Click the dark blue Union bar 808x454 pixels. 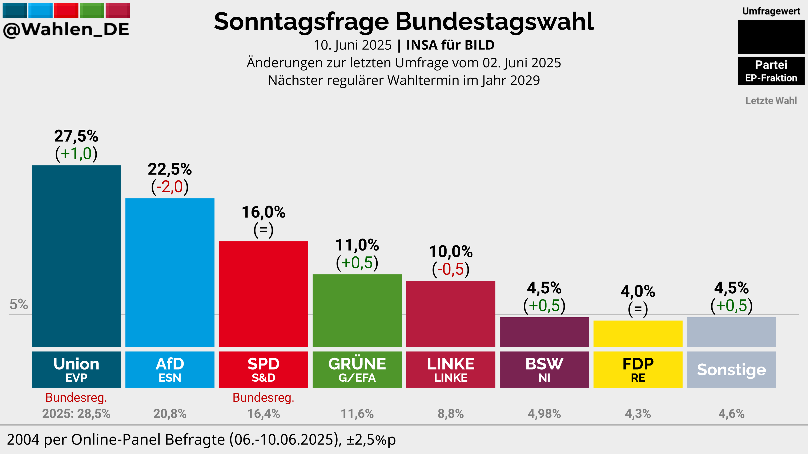point(76,256)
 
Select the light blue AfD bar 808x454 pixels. point(170,273)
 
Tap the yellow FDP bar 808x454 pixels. point(638,334)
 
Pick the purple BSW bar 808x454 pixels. point(544,332)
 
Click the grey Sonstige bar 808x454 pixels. point(731,332)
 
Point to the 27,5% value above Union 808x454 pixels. point(76,136)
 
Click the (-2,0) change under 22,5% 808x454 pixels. point(170,187)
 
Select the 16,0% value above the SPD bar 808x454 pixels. point(264,212)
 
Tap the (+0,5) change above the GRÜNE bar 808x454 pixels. point(357,263)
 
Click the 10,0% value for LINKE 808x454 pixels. point(451,252)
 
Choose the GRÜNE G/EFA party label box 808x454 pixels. point(357,370)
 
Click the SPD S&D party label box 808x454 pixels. point(264,370)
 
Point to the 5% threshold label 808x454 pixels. point(19,304)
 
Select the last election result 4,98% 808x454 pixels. point(544,414)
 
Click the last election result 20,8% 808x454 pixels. point(170,414)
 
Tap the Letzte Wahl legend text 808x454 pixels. point(771,101)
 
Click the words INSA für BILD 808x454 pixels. point(450,45)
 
